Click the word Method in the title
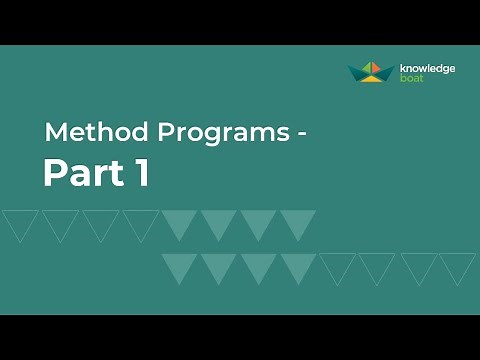pos(83,133)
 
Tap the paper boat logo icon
pos(370,71)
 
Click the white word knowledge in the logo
pos(427,68)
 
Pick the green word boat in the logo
pos(411,78)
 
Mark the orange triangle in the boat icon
pos(365,68)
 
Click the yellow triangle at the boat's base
pos(370,79)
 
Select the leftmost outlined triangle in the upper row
pos(20,222)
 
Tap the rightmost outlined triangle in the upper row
pos(140,222)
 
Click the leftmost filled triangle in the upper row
pos(179,222)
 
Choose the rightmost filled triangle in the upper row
pos(297,222)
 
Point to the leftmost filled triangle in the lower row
pos(179,265)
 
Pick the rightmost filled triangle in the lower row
pos(297,265)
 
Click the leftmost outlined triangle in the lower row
pos(337,265)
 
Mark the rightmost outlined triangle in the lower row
pos(456,265)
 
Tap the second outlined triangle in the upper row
pos(60,222)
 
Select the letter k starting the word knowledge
pos(402,68)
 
